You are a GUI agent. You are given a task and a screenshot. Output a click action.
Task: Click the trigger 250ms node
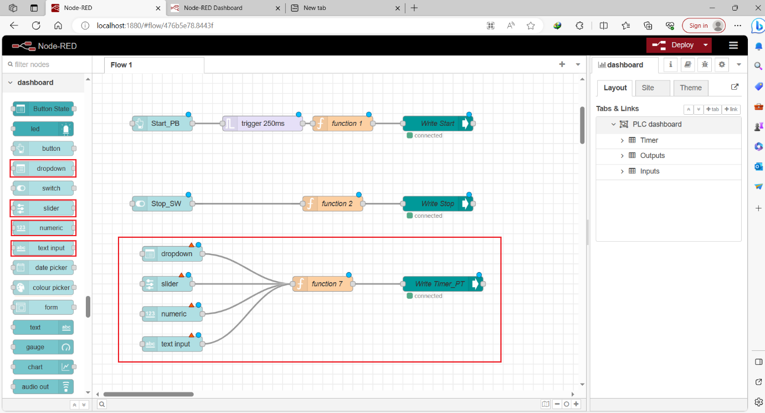coord(263,124)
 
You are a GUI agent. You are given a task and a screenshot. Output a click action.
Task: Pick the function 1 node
coord(343,124)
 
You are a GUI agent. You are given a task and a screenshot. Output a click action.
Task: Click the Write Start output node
coord(437,124)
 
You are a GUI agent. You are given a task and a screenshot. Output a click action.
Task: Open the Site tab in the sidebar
coord(648,88)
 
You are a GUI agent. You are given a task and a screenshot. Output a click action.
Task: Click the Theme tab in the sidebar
coord(690,88)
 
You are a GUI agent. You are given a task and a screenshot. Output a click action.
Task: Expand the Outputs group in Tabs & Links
coord(622,156)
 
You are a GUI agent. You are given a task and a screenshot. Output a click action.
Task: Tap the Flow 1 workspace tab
coord(121,65)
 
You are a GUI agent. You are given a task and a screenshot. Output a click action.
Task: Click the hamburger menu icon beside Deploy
coord(733,45)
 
